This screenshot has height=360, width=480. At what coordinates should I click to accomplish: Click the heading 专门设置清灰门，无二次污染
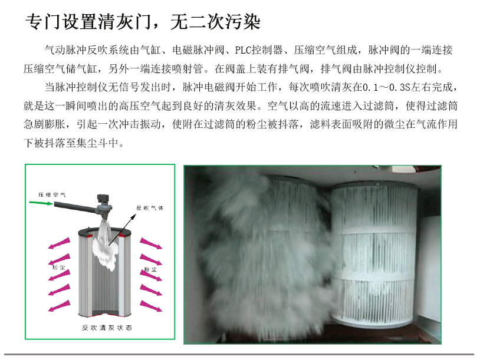143,22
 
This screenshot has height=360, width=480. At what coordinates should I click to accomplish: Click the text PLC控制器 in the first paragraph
259,50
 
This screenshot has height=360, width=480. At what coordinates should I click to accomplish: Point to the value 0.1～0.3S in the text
386,87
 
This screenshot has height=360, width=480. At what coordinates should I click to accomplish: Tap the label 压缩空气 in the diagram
52,195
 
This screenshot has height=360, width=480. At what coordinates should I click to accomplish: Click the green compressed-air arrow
41,203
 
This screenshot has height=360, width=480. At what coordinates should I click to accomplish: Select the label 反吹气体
150,208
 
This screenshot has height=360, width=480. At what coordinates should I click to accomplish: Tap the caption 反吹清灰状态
107,328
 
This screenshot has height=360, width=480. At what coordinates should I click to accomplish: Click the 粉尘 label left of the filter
59,267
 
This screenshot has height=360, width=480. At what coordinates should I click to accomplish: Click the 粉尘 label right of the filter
150,269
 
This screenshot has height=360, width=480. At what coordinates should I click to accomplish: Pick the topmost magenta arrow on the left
59,243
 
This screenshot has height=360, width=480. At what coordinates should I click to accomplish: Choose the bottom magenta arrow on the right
151,306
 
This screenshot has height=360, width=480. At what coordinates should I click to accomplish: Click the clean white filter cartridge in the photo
374,254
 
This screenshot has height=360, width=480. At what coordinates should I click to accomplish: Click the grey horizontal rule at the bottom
239,355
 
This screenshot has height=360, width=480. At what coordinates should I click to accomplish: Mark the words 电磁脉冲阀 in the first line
198,50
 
